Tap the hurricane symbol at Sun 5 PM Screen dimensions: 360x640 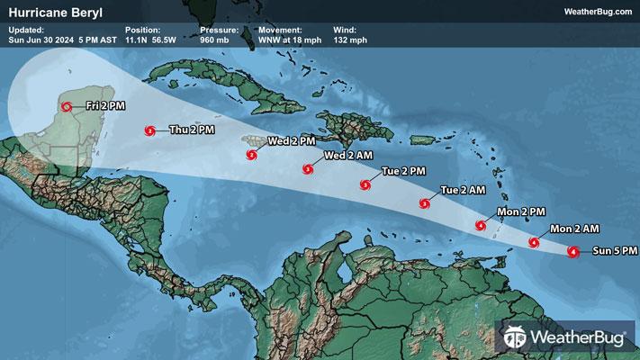pyautogui.click(x=573, y=252)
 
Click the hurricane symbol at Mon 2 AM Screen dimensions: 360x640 pyautogui.click(x=535, y=242)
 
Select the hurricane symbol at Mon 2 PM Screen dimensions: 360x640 pyautogui.click(x=482, y=224)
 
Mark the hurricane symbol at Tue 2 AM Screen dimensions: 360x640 pyautogui.click(x=424, y=202)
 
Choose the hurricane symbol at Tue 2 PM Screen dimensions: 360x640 pyautogui.click(x=365, y=185)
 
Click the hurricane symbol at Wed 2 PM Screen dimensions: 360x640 pyautogui.click(x=252, y=155)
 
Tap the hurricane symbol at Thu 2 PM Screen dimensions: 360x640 pyautogui.click(x=150, y=131)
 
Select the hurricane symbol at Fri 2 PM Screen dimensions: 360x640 pyautogui.click(x=67, y=107)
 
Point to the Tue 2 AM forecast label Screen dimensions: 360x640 pyautogui.click(x=463, y=190)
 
